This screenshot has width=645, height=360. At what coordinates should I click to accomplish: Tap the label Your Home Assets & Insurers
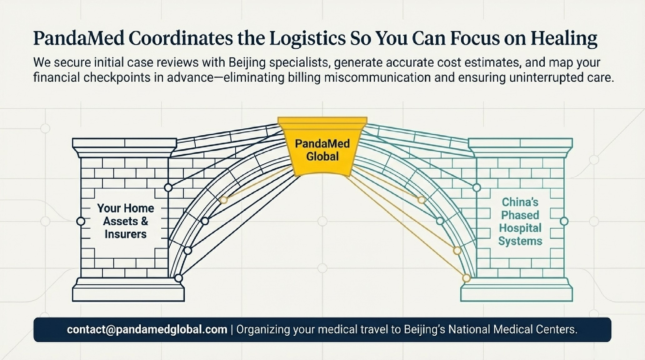126,221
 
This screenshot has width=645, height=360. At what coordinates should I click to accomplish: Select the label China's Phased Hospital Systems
520,222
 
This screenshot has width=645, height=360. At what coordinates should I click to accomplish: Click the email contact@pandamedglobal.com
147,330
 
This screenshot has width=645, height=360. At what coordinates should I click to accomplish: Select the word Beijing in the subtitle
247,62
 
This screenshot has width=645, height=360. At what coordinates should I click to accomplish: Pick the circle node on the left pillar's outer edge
81,221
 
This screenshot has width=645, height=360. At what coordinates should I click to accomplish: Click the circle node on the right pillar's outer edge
564,221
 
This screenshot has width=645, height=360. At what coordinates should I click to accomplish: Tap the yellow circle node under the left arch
223,200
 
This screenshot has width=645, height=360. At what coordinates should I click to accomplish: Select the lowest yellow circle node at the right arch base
466,278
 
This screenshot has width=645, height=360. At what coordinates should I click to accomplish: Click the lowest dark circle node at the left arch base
178,278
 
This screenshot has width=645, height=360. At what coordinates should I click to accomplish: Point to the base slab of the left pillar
128,294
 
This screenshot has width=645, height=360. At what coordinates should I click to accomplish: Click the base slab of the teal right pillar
517,294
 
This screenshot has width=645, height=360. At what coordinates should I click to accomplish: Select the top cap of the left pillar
124,143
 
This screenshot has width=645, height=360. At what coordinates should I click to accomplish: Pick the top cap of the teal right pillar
520,143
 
